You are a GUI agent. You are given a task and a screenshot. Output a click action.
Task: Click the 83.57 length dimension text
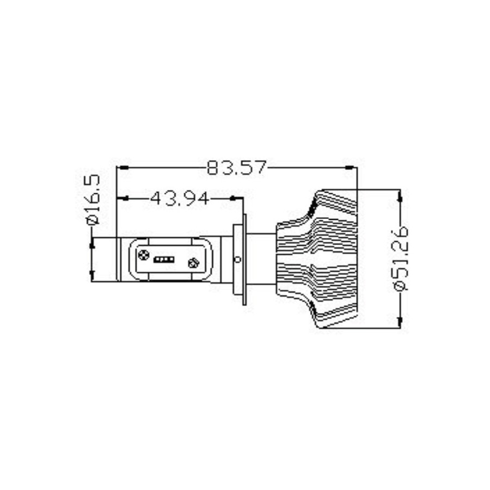(237, 168)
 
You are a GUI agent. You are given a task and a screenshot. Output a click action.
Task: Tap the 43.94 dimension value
(180, 199)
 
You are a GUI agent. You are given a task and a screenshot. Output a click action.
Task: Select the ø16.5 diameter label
(92, 200)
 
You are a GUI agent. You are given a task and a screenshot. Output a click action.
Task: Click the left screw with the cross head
(144, 255)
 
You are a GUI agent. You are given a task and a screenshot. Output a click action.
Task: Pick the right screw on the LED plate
(193, 264)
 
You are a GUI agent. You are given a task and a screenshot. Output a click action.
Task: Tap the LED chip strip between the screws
(164, 260)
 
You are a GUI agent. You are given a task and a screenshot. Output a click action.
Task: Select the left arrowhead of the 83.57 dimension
(124, 168)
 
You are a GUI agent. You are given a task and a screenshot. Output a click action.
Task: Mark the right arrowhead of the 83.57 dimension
(351, 168)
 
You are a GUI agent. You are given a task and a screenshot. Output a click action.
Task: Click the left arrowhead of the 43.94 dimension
(124, 199)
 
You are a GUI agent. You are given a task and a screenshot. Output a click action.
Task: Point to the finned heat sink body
(327, 260)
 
